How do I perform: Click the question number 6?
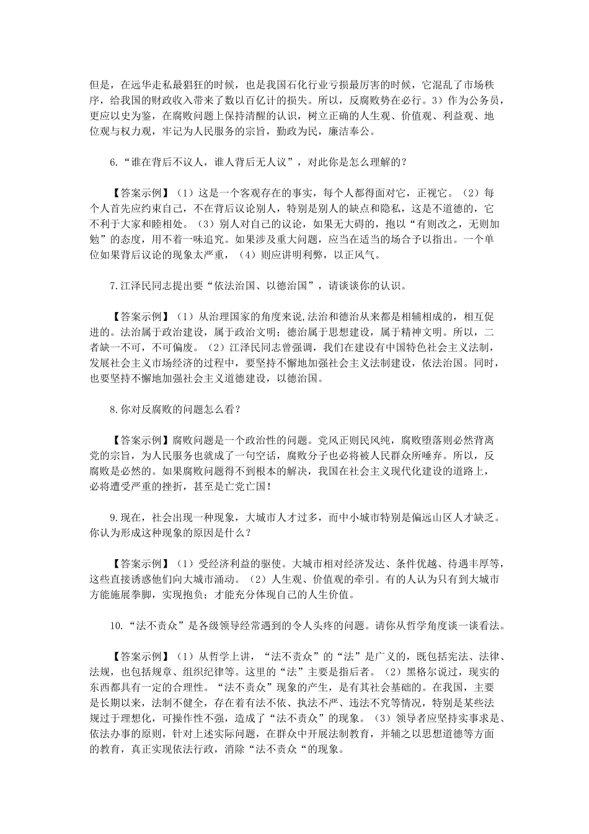[113, 162]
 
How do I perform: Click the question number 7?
[113, 285]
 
